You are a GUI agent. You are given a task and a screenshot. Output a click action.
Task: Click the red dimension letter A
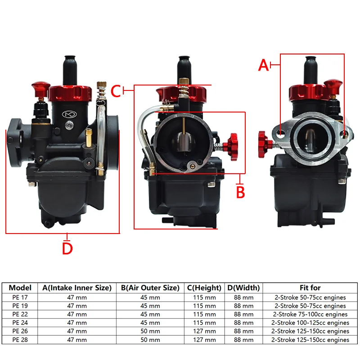(264, 65)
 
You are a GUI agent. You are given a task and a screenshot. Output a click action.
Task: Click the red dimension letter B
(240, 192)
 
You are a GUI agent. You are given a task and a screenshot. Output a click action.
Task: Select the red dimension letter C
(116, 91)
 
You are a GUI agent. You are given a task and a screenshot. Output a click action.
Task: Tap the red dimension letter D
(67, 248)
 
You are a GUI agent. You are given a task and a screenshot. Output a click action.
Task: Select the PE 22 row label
(20, 314)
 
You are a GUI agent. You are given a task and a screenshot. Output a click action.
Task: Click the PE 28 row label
(20, 340)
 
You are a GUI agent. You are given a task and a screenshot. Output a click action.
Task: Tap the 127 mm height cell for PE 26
(205, 331)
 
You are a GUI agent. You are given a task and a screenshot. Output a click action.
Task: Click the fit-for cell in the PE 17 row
(310, 297)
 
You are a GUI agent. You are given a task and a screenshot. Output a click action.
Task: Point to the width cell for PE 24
(243, 323)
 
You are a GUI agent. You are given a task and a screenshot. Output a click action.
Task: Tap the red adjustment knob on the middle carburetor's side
(232, 144)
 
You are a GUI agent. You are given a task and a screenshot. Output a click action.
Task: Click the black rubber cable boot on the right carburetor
(310, 67)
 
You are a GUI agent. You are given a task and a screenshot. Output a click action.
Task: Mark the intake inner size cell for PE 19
(77, 306)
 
